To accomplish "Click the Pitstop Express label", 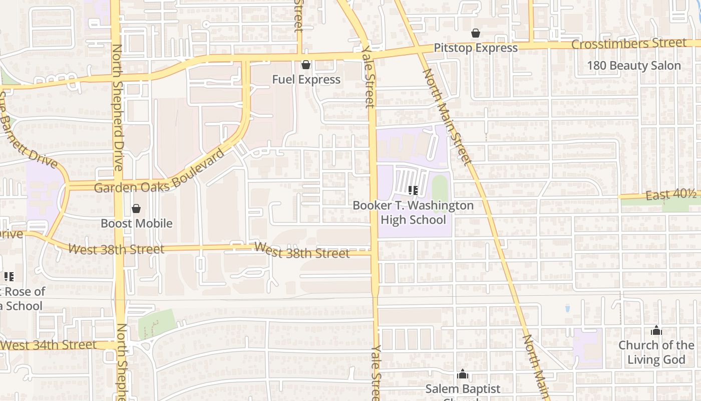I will tap(476, 48).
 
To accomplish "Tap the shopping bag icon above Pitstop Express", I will tap(476, 34).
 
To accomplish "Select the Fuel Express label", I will tap(306, 79).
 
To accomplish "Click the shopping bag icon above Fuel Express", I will tap(306, 65).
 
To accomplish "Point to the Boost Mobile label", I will tap(137, 224).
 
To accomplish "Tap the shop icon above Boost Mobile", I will tap(136, 209).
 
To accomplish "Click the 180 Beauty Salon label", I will tap(634, 66).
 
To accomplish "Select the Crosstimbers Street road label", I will tap(629, 44).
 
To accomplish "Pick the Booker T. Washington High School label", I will tap(413, 213).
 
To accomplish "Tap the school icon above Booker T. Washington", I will tap(413, 190).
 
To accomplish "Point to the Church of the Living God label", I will tap(656, 352).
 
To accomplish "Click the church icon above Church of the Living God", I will tap(656, 331).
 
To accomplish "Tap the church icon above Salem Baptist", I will tap(463, 374).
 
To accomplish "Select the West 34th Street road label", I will tap(49, 345).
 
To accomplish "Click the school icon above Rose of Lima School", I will tap(9, 276).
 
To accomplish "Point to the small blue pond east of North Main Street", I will tap(567, 307).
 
